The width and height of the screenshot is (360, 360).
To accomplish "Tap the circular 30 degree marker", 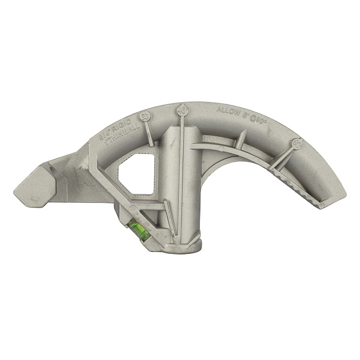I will (x=145, y=116).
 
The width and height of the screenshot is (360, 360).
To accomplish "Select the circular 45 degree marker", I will (x=182, y=110).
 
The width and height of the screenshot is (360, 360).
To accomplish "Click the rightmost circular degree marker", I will (x=296, y=143).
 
